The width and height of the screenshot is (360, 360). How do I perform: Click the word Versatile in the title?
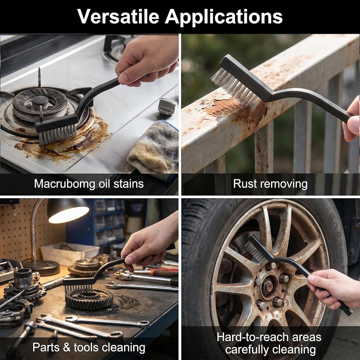118,17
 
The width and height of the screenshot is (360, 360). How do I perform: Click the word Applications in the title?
224,17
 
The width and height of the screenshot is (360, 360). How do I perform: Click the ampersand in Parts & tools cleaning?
67,347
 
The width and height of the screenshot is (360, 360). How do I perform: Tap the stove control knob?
167,107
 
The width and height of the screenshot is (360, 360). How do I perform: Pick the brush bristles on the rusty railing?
237,89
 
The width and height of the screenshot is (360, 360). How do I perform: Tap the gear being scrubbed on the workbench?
89,299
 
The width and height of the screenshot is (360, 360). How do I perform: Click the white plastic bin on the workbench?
70,253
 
